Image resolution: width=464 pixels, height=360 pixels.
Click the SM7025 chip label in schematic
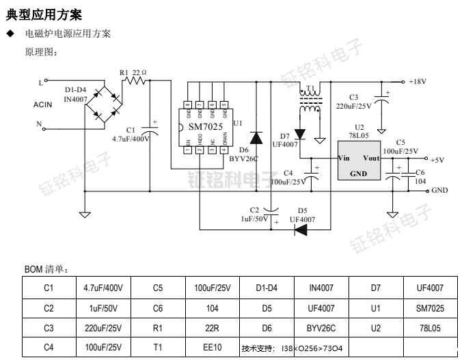click(x=206, y=128)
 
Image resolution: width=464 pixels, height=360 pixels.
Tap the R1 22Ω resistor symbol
click(x=136, y=81)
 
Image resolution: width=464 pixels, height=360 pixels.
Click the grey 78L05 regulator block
click(x=359, y=161)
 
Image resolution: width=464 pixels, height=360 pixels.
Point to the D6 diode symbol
click(x=256, y=138)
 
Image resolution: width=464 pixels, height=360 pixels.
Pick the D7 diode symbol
click(x=299, y=134)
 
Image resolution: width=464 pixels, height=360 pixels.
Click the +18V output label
click(x=417, y=81)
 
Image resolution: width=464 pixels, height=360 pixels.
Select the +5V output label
click(x=437, y=160)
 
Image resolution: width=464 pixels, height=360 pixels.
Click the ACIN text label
click(x=44, y=105)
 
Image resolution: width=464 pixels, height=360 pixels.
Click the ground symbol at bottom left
click(x=85, y=214)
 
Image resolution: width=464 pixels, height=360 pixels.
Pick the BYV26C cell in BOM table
click(x=320, y=328)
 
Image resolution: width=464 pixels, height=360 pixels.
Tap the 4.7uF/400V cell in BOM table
click(x=102, y=288)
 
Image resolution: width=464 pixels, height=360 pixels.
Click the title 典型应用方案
click(x=44, y=14)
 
